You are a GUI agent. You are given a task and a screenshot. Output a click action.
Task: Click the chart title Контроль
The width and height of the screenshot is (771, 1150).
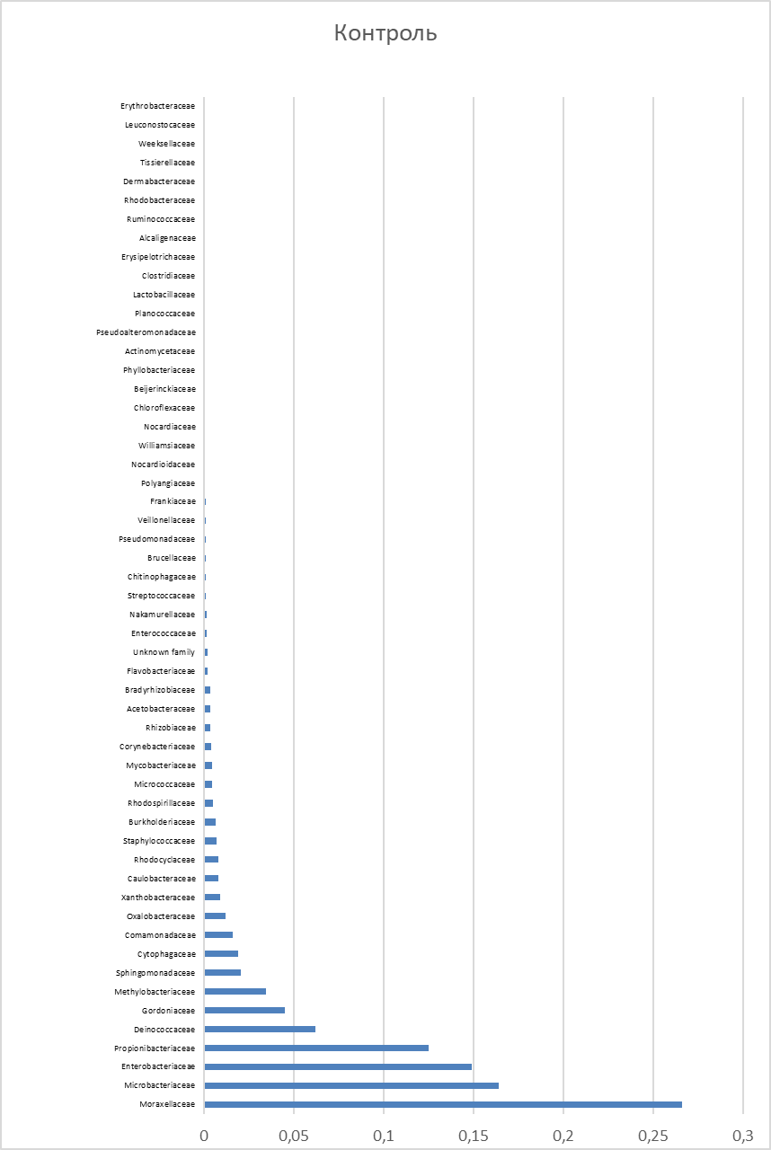[385, 34]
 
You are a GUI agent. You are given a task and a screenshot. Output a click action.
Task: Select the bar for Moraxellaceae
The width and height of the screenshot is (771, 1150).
[442, 1104]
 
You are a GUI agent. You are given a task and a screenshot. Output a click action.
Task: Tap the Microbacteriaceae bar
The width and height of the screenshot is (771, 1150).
[350, 1085]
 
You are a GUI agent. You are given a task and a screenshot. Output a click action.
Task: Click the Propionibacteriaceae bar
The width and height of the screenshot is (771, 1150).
[315, 1048]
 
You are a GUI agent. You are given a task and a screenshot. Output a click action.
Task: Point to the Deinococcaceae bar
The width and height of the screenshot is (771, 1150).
[260, 1029]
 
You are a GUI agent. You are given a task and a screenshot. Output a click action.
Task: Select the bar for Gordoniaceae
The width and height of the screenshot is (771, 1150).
[244, 1010]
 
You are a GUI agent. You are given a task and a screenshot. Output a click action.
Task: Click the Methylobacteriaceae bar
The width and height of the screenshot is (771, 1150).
[235, 991]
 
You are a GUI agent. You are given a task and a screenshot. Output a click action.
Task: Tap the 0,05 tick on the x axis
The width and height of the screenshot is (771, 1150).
[295, 1136]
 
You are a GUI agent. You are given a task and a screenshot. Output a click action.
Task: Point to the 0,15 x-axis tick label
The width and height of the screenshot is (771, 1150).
[474, 1136]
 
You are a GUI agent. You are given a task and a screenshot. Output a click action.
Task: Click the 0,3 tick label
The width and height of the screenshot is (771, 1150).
[742, 1136]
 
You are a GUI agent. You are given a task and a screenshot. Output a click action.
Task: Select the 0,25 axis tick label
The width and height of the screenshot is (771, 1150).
[652, 1136]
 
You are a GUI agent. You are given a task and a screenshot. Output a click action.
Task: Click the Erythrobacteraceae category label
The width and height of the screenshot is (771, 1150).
[157, 106]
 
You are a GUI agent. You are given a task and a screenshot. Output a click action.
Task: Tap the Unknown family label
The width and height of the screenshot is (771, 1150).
[164, 652]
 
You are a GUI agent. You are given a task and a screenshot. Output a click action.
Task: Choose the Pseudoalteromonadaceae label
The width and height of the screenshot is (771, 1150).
[146, 332]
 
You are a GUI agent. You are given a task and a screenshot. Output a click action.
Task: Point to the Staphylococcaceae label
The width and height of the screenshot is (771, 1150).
[159, 841]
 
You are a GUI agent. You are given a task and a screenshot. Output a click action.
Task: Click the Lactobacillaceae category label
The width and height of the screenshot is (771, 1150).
[164, 295]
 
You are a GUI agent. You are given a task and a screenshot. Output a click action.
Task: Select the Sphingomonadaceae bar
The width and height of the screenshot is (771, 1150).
[222, 972]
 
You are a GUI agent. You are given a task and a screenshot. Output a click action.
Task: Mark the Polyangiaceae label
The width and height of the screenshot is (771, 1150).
[168, 483]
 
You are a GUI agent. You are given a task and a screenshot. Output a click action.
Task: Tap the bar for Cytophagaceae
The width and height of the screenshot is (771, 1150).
[221, 953]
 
